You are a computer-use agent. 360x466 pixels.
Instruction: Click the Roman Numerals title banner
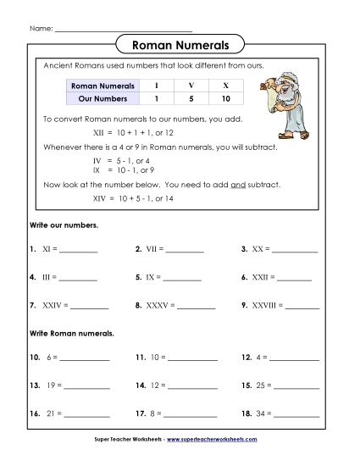coord(180,44)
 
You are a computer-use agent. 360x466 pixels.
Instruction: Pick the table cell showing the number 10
coord(225,98)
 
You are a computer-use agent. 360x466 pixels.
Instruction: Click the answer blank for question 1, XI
coord(79,252)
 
